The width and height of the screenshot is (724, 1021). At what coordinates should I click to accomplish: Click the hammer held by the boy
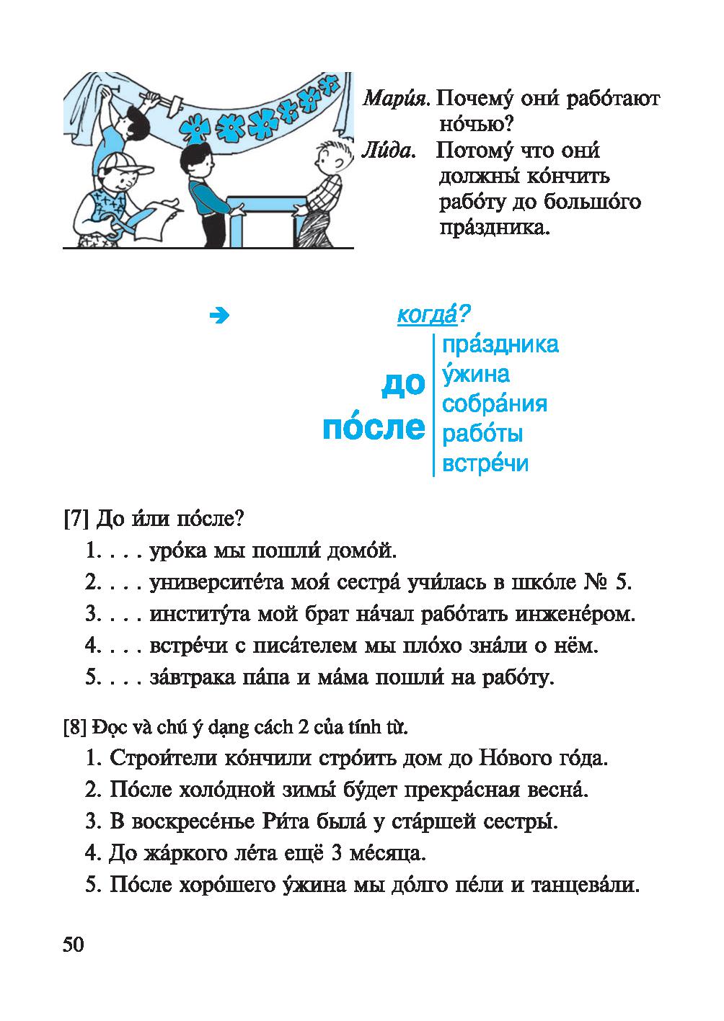click(x=163, y=101)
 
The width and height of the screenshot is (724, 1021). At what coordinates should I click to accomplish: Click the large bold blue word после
click(x=374, y=427)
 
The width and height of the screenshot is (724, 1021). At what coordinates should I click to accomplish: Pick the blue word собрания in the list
click(x=495, y=404)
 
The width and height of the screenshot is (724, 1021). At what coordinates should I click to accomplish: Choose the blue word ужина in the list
click(x=476, y=374)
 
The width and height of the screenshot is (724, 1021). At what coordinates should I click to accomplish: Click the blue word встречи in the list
click(x=485, y=463)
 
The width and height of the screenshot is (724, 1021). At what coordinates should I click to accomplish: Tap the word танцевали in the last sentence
click(x=585, y=885)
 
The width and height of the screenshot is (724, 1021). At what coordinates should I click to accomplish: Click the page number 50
click(x=74, y=945)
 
